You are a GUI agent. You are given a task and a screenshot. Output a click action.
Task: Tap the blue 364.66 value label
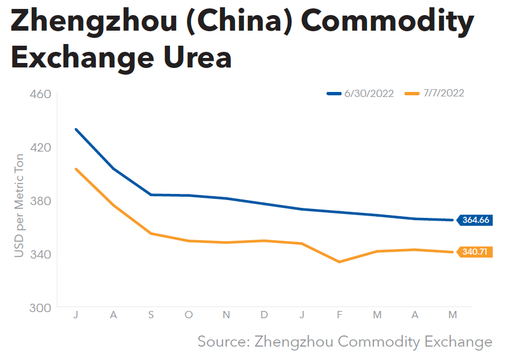(x=475, y=220)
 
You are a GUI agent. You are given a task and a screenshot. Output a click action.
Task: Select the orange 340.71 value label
(x=475, y=252)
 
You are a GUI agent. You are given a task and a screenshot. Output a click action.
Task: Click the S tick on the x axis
(x=151, y=315)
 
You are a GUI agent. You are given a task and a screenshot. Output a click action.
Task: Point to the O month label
(x=188, y=315)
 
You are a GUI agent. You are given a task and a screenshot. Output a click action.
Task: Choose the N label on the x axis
(x=226, y=315)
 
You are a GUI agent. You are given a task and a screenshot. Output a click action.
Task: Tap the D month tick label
(x=264, y=315)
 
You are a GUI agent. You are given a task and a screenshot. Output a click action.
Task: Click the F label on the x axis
(x=339, y=315)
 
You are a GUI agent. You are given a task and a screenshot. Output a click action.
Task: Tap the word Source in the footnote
(x=220, y=341)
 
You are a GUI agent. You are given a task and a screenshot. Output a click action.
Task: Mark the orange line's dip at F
(x=339, y=262)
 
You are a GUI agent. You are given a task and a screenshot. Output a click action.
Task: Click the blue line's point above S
(x=151, y=194)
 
